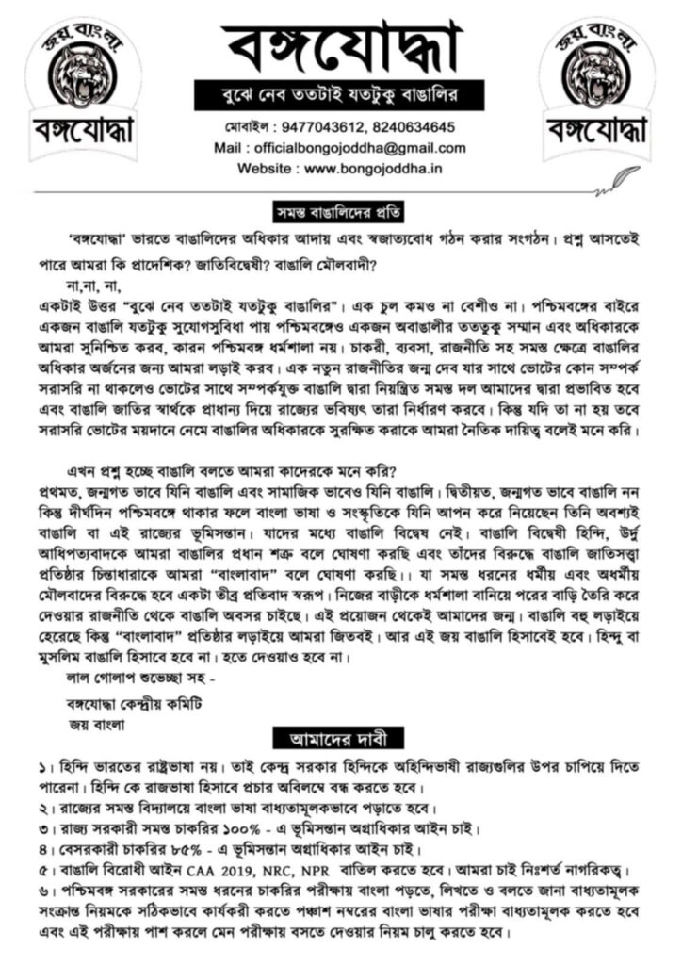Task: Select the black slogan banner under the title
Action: pos(340,94)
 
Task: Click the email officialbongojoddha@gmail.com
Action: pos(366,148)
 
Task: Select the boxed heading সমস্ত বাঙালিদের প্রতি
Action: pos(340,207)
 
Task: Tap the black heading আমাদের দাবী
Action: pos(340,735)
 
